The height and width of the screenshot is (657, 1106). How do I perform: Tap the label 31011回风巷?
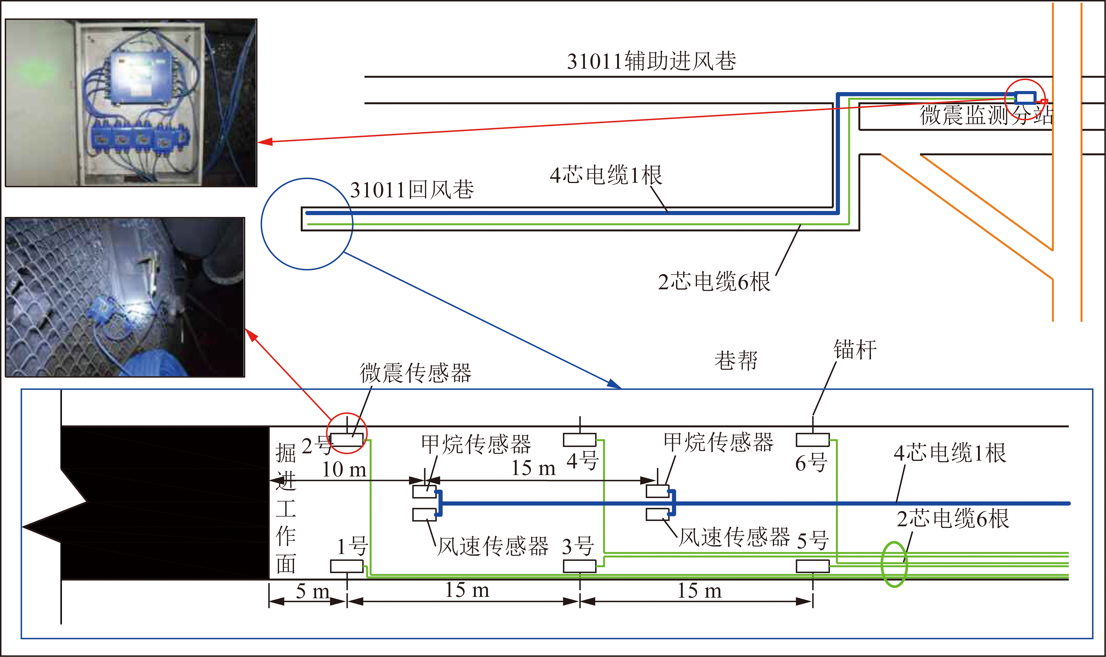412,189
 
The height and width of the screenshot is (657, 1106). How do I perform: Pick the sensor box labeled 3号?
579,566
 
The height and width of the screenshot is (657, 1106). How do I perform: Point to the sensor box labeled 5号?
813,566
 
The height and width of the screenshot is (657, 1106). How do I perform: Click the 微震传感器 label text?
415,373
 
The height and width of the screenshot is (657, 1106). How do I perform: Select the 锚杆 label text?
855,350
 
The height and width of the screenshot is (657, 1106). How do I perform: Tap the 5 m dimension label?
312,591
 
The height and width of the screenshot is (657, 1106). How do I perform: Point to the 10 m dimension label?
344,469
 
